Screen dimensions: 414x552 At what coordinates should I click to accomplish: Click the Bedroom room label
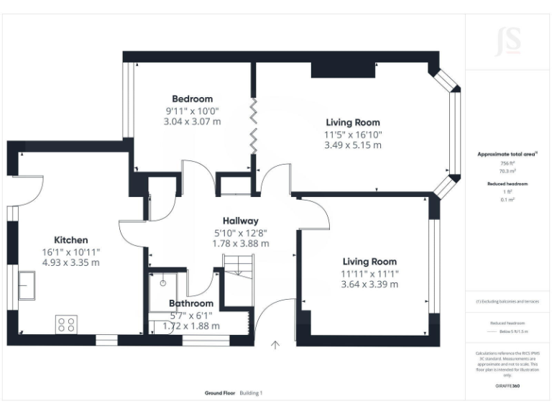192,98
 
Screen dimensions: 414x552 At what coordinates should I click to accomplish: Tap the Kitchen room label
71,239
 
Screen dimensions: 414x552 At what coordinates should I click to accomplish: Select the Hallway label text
240,221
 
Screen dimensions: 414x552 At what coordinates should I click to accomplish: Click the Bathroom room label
190,303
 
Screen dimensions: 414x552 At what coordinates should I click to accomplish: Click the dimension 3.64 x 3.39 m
369,284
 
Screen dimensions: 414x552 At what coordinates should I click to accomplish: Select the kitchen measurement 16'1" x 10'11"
71,252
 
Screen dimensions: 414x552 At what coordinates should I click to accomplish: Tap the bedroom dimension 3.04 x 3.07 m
192,121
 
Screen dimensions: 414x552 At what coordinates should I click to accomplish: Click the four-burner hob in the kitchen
67,325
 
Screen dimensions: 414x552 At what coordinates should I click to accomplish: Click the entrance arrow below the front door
275,346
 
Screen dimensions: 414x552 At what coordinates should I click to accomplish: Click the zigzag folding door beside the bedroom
253,124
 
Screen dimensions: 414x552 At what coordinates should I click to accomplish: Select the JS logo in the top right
508,42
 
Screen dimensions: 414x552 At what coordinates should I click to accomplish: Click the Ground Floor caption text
219,393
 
